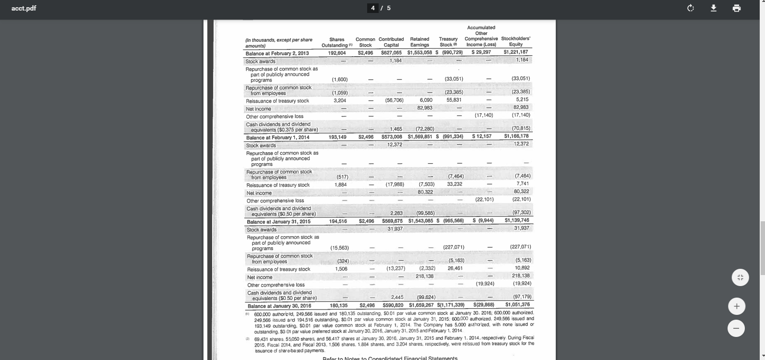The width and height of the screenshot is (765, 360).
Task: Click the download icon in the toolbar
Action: point(714,8)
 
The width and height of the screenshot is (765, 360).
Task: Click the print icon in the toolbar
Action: point(737,8)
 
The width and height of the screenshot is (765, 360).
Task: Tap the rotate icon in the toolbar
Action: point(691,8)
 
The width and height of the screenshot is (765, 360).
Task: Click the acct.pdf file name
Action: point(24,8)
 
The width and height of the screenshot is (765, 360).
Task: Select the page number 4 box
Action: point(373,8)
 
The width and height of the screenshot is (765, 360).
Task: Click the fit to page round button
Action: point(740,277)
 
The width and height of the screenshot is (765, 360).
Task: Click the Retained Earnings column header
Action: point(419,42)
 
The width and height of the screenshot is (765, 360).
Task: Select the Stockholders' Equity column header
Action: point(515,41)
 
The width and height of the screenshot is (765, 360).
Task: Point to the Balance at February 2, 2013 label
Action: point(277,53)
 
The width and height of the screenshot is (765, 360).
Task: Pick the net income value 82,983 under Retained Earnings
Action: point(425,108)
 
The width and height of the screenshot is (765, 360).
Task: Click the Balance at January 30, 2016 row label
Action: point(279,306)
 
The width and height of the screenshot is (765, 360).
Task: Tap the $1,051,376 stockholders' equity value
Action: point(517,305)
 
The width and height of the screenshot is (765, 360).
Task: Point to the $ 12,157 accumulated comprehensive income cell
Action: point(481,137)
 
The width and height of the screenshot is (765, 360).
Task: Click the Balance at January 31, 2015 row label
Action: point(278,222)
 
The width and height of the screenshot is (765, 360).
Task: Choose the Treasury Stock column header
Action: point(448,42)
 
